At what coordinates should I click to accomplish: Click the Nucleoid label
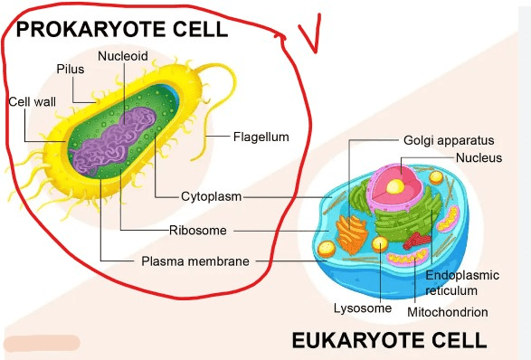pyautogui.click(x=123, y=56)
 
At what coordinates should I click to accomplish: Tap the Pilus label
pyautogui.click(x=70, y=69)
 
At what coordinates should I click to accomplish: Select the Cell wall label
pyautogui.click(x=33, y=101)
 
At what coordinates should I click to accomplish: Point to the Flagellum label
pyautogui.click(x=261, y=137)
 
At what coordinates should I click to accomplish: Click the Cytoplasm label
pyautogui.click(x=212, y=196)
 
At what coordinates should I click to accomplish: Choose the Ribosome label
pyautogui.click(x=198, y=231)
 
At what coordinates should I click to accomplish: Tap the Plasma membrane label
pyautogui.click(x=195, y=261)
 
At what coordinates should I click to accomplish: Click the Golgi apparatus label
pyautogui.click(x=449, y=140)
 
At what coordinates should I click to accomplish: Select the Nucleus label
pyautogui.click(x=479, y=157)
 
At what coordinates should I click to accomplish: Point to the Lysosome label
pyautogui.click(x=363, y=308)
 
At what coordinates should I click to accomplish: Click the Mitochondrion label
pyautogui.click(x=448, y=312)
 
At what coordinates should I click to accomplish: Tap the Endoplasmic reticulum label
pyautogui.click(x=462, y=283)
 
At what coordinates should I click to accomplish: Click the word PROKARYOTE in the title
pyautogui.click(x=90, y=29)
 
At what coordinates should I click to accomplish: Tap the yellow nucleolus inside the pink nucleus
pyautogui.click(x=395, y=186)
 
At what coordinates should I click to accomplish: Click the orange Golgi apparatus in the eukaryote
pyautogui.click(x=352, y=234)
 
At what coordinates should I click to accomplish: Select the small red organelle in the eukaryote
pyautogui.click(x=417, y=240)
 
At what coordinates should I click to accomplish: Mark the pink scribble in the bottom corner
pyautogui.click(x=42, y=343)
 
